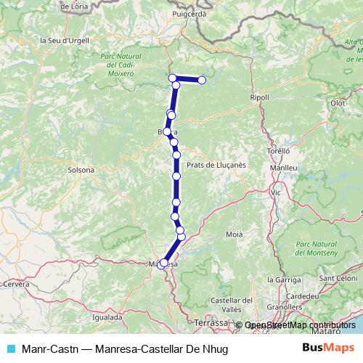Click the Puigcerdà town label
click(x=190, y=14)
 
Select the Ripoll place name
click(x=258, y=97)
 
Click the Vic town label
click(x=275, y=193)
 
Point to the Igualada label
click(x=107, y=317)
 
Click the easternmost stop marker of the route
click(x=203, y=79)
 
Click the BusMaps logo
click(x=327, y=348)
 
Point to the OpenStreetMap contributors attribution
click(x=300, y=326)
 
